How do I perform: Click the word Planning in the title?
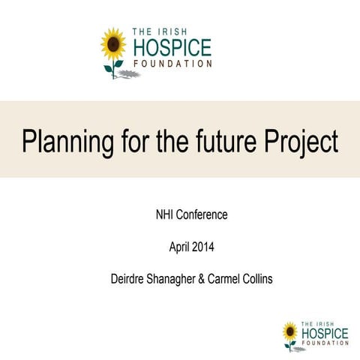[x=64, y=141]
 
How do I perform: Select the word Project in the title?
[x=301, y=141]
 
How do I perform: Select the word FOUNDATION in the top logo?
[x=171, y=64]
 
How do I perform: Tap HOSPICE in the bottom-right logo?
[x=324, y=332]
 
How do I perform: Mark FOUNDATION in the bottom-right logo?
[x=324, y=342]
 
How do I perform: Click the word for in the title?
[x=130, y=140]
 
